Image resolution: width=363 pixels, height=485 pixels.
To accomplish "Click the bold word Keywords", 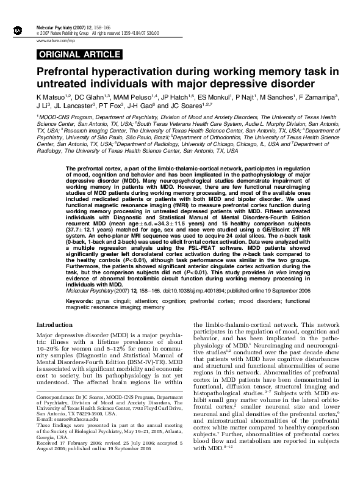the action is [x=81, y=301].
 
